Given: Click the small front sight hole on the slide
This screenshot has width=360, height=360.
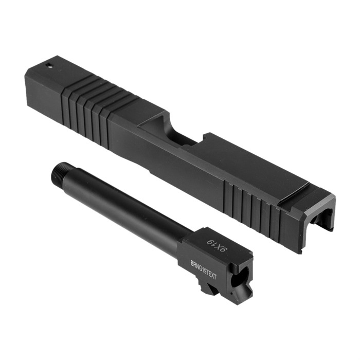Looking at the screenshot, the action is point(49,66).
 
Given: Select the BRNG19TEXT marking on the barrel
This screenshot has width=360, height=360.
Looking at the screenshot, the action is point(204,269).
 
